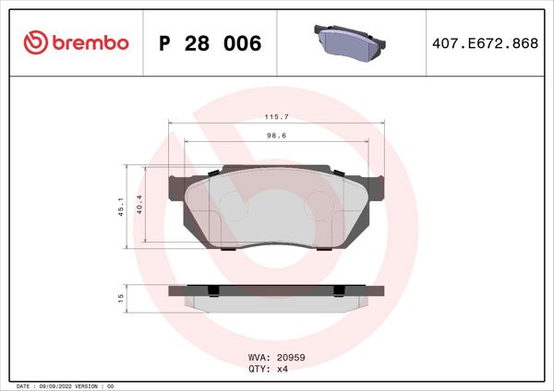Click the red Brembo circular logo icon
tap(34, 43)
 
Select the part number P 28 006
tap(211, 44)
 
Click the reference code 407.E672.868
tap(485, 44)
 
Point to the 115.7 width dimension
tap(276, 117)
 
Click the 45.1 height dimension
tap(120, 207)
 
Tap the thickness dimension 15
tap(120, 297)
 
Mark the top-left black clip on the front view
tap(213, 172)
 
